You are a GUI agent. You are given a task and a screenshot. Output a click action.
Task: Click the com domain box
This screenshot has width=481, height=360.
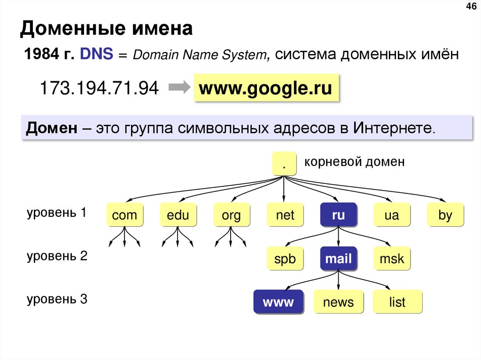pyautogui.click(x=124, y=215)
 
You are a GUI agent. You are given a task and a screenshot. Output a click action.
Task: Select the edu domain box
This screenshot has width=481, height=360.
pyautogui.click(x=178, y=215)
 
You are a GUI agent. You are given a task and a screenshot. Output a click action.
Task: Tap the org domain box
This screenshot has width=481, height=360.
pyautogui.click(x=231, y=215)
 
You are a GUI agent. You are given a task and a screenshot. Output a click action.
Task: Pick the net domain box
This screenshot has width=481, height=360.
pyautogui.click(x=285, y=215)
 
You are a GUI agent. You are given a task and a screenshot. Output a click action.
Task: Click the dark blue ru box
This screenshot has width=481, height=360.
pyautogui.click(x=338, y=215)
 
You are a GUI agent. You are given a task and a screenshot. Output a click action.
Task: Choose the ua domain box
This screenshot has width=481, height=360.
pyautogui.click(x=392, y=215)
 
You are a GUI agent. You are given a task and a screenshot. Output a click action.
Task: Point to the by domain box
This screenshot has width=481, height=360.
pyautogui.click(x=445, y=215)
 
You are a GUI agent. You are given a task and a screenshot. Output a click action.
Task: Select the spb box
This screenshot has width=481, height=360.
pyautogui.click(x=285, y=258)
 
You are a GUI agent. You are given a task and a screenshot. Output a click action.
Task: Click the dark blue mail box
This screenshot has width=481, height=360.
pyautogui.click(x=338, y=258)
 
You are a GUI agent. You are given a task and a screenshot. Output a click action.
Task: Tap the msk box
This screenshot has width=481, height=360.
pyautogui.click(x=392, y=258)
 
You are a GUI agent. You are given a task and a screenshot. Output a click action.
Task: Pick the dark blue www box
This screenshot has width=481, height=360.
pyautogui.click(x=278, y=302)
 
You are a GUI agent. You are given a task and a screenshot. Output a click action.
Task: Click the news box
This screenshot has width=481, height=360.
pyautogui.click(x=338, y=302)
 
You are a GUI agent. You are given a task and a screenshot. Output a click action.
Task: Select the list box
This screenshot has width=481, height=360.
pyautogui.click(x=397, y=302)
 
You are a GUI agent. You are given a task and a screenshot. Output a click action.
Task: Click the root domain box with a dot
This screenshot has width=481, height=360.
pyautogui.click(x=284, y=164)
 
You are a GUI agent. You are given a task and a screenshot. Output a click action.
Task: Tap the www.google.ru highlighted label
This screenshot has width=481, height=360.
pyautogui.click(x=265, y=88)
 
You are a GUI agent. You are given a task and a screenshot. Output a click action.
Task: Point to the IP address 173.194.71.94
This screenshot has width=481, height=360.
pyautogui.click(x=99, y=88)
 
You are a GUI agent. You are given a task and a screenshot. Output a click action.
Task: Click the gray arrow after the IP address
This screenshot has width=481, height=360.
pyautogui.click(x=178, y=87)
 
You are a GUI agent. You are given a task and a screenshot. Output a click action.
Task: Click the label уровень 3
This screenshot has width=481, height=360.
pyautogui.click(x=57, y=299)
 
